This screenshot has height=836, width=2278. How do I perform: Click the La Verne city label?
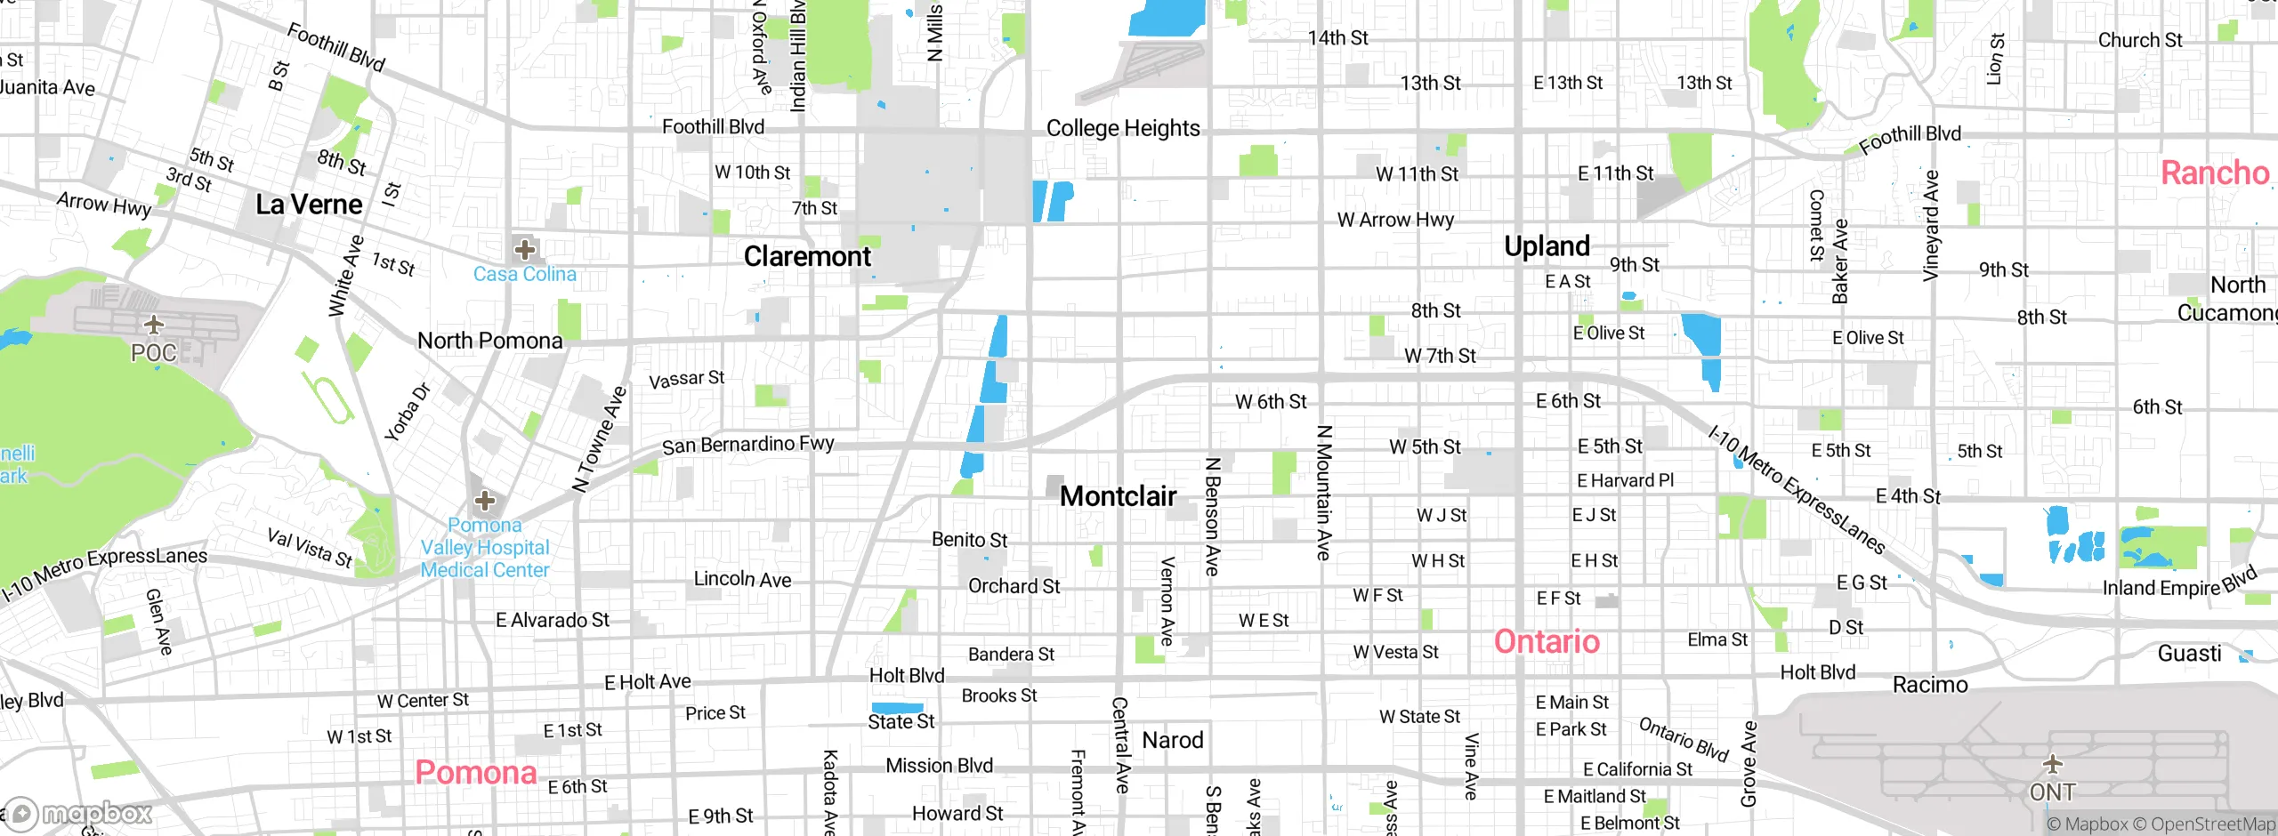pyautogui.click(x=309, y=205)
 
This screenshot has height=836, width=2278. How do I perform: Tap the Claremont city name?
pyautogui.click(x=807, y=256)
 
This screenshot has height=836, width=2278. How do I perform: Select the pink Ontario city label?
pyautogui.click(x=1547, y=641)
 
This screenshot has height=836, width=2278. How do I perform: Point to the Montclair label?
pyautogui.click(x=1118, y=496)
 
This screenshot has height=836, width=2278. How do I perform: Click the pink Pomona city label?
pyautogui.click(x=475, y=772)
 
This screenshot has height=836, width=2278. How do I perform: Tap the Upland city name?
pyautogui.click(x=1547, y=246)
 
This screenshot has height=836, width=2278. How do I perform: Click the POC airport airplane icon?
pyautogui.click(x=154, y=325)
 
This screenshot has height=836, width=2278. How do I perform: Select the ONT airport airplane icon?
pyautogui.click(x=2052, y=763)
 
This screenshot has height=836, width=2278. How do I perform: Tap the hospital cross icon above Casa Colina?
pyautogui.click(x=525, y=249)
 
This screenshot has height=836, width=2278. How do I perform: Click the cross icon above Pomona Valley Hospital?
pyautogui.click(x=484, y=501)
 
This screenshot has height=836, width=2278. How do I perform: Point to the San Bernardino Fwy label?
pyautogui.click(x=747, y=444)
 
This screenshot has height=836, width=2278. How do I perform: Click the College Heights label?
pyautogui.click(x=1123, y=128)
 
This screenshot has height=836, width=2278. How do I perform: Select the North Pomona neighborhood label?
pyautogui.click(x=489, y=341)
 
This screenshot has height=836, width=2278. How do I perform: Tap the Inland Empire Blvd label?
pyautogui.click(x=2179, y=582)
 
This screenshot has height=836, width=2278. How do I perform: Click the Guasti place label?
pyautogui.click(x=2189, y=654)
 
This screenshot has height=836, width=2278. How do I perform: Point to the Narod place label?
pyautogui.click(x=1172, y=740)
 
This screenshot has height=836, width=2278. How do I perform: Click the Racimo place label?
pyautogui.click(x=1929, y=685)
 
